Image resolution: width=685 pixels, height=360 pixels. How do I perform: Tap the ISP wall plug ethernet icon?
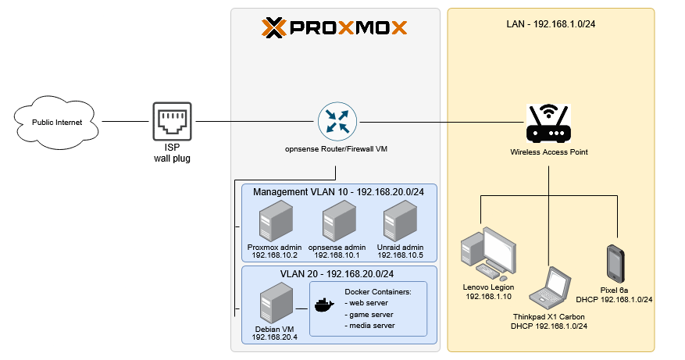coord(171,122)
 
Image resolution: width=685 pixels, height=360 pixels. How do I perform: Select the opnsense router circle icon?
coord(337,122)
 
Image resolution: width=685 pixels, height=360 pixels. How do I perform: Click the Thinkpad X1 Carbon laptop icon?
coord(548,288)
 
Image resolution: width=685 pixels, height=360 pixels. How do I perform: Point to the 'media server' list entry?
coord(372,326)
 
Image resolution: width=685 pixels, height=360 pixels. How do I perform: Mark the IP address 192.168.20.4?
coord(275,337)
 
